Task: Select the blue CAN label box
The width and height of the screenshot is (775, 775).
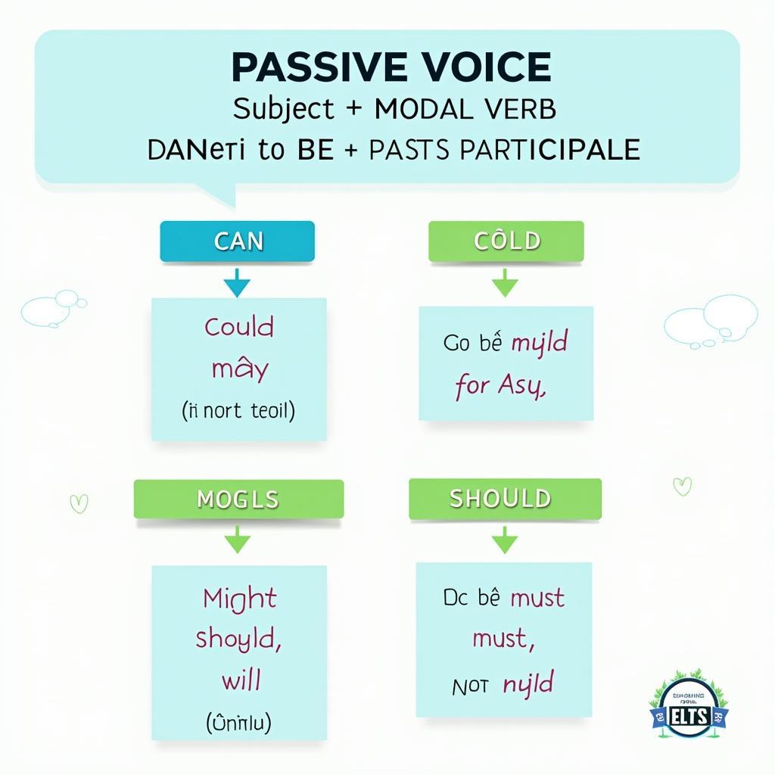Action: [x=237, y=241]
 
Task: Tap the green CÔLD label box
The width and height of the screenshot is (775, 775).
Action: [x=506, y=241]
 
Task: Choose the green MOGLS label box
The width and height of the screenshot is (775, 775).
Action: [x=238, y=499]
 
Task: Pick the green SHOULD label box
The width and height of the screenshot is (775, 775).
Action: [x=505, y=499]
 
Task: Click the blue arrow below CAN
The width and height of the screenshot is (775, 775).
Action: [x=237, y=285]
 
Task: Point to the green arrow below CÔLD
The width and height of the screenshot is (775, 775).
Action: [x=505, y=285]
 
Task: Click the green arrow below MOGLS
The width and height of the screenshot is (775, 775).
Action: [x=238, y=541]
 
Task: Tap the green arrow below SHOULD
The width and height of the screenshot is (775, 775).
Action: [x=505, y=541]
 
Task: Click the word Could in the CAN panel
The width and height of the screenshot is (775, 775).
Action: [x=239, y=328]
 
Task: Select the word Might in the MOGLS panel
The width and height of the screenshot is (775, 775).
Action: [x=239, y=599]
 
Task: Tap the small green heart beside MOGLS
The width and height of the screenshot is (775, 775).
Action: [x=78, y=503]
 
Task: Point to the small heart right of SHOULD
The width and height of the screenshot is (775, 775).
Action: [x=682, y=486]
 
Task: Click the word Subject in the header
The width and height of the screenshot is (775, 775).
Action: [x=283, y=109]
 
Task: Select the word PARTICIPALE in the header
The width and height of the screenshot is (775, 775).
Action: [x=549, y=149]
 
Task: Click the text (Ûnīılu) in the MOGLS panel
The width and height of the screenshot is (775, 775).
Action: [x=238, y=723]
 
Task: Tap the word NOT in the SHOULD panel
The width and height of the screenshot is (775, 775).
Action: [x=470, y=686]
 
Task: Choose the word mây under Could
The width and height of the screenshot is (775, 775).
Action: [x=239, y=370]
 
